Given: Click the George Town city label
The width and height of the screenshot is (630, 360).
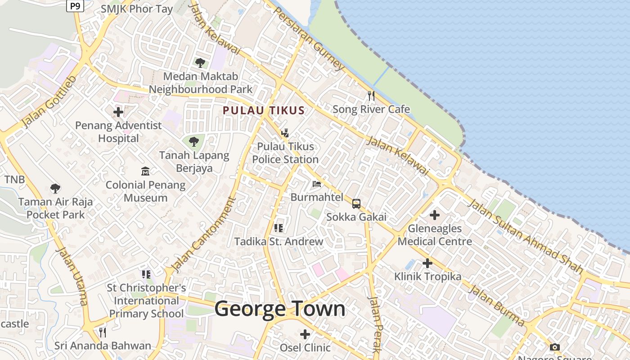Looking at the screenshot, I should tap(280, 309).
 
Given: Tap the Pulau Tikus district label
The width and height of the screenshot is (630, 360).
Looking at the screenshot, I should tap(264, 110).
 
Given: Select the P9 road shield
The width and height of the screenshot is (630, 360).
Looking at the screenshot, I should tap(75, 6).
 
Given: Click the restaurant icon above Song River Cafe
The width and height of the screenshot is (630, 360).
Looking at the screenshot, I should tap(371, 95).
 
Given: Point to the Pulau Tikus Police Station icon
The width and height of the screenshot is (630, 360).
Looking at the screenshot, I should tap(285, 133).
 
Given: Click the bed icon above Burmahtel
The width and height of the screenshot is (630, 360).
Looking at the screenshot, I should tap(317, 184).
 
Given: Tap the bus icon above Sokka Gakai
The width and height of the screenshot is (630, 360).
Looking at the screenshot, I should tap(356, 204).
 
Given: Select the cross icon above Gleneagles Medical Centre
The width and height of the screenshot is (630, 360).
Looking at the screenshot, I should tap(435, 215).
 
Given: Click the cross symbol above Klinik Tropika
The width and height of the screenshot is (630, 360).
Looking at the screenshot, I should tap(427, 263).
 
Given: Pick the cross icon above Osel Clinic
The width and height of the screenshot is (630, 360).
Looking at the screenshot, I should tap(305, 334).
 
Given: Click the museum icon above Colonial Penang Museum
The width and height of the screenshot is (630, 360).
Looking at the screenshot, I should tap(145, 171).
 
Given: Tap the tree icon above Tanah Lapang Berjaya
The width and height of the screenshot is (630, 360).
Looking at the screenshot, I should tap(194, 142).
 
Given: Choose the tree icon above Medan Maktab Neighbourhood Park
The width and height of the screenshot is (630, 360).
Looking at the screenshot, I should tap(200, 63).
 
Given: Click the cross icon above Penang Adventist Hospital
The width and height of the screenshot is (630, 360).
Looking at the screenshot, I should tap(118, 112).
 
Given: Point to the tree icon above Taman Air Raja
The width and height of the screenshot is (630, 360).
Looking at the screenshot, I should tap(55, 189).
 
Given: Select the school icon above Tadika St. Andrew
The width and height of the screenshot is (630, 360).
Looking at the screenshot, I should tap(279, 228).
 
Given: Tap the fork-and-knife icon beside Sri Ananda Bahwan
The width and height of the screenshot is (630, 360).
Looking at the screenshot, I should tap(103, 333).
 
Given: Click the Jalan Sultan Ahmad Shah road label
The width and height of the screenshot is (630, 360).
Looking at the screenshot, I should tap(526, 236).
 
